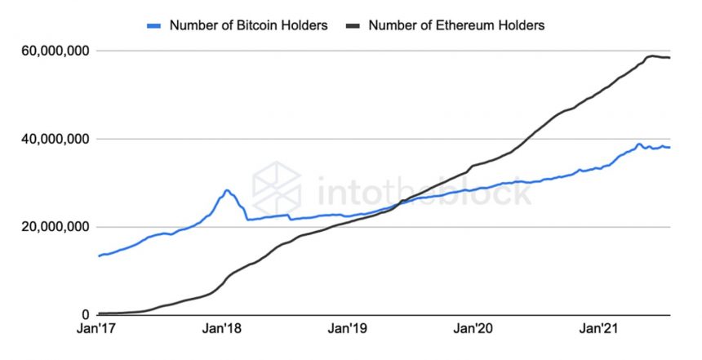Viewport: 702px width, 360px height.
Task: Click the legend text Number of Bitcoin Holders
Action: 248,25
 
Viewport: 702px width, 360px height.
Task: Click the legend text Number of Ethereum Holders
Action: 455,25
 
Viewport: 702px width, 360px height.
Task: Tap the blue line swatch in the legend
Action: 154,25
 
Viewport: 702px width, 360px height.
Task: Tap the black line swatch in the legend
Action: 353,25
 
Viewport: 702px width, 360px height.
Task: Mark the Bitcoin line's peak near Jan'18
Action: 227,190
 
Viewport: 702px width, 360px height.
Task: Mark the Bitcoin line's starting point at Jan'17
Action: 99,256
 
